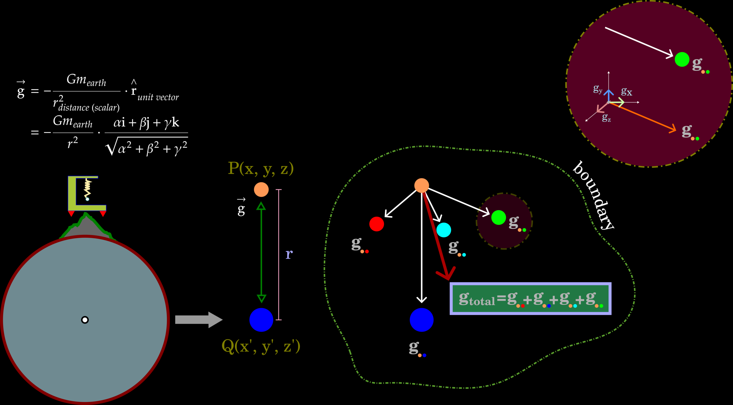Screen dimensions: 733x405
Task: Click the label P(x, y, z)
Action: (261, 168)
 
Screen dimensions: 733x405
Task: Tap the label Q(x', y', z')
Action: (261, 346)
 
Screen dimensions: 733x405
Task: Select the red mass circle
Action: (377, 224)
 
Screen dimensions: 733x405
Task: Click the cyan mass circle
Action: (444, 230)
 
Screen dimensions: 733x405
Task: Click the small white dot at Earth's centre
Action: (85, 320)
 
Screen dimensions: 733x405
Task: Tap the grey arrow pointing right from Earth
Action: (198, 320)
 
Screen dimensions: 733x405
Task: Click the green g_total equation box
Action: (530, 298)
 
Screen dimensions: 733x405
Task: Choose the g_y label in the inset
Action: (598, 89)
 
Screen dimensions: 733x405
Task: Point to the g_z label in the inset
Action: (606, 118)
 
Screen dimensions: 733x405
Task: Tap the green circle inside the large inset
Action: (682, 59)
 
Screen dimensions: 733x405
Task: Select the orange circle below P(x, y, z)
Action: (261, 190)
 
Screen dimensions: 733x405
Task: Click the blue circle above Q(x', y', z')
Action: (261, 320)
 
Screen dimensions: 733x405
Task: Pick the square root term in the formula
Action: (147, 147)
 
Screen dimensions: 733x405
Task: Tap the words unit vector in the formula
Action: (158, 97)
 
